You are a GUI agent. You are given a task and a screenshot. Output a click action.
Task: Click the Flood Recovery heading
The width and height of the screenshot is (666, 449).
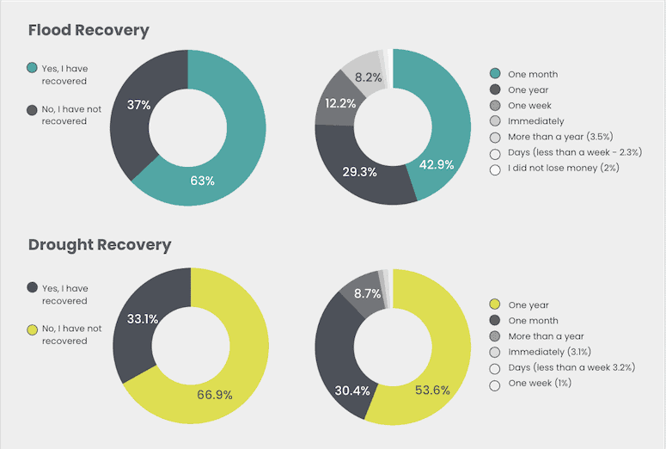coord(89,30)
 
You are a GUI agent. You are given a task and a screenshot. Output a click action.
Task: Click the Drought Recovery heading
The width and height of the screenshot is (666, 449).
coord(100,244)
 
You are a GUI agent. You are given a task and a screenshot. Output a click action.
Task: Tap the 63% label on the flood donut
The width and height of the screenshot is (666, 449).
coord(202,181)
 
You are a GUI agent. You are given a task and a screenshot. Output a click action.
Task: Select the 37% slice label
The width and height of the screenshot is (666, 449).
coord(139,105)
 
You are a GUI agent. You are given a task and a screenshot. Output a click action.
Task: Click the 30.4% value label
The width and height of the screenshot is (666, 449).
coord(352,391)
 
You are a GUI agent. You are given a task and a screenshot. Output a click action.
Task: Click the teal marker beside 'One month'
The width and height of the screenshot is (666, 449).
coord(495,73)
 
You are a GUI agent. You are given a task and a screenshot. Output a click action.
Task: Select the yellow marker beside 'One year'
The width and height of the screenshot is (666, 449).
coord(495,304)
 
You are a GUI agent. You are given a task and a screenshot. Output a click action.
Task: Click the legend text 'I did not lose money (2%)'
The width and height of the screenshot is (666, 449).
coord(563,169)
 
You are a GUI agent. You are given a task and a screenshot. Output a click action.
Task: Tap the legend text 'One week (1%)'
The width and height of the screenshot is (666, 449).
coord(540,384)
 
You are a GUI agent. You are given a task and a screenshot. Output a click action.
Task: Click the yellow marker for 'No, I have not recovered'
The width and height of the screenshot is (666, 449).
coord(33,329)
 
